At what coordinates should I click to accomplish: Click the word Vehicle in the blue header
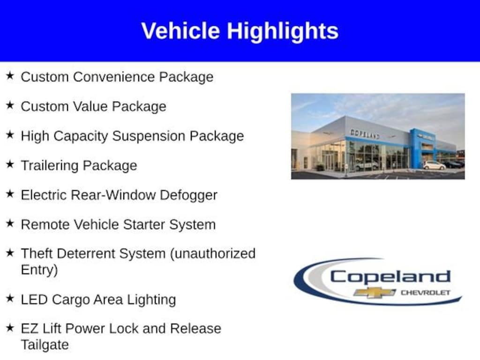pyautogui.click(x=180, y=31)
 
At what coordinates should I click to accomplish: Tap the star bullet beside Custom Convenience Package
pyautogui.click(x=10, y=75)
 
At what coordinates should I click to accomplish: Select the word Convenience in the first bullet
pyautogui.click(x=113, y=77)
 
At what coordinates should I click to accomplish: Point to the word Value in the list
pyautogui.click(x=90, y=106)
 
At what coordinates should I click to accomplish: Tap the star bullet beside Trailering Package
pyautogui.click(x=10, y=164)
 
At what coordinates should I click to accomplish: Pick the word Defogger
pyautogui.click(x=188, y=195)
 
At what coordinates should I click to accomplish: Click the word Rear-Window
pyautogui.click(x=113, y=195)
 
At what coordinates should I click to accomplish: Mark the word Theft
pyautogui.click(x=37, y=254)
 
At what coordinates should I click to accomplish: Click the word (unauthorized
pyautogui.click(x=212, y=254)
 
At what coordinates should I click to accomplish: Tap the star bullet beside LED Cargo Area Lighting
pyautogui.click(x=10, y=298)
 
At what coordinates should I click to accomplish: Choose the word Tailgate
pyautogui.click(x=45, y=345)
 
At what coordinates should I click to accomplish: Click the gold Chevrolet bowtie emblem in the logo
pyautogui.click(x=374, y=292)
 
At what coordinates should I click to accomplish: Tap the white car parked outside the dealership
pyautogui.click(x=434, y=165)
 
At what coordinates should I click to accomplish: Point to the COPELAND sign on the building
pyautogui.click(x=365, y=134)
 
